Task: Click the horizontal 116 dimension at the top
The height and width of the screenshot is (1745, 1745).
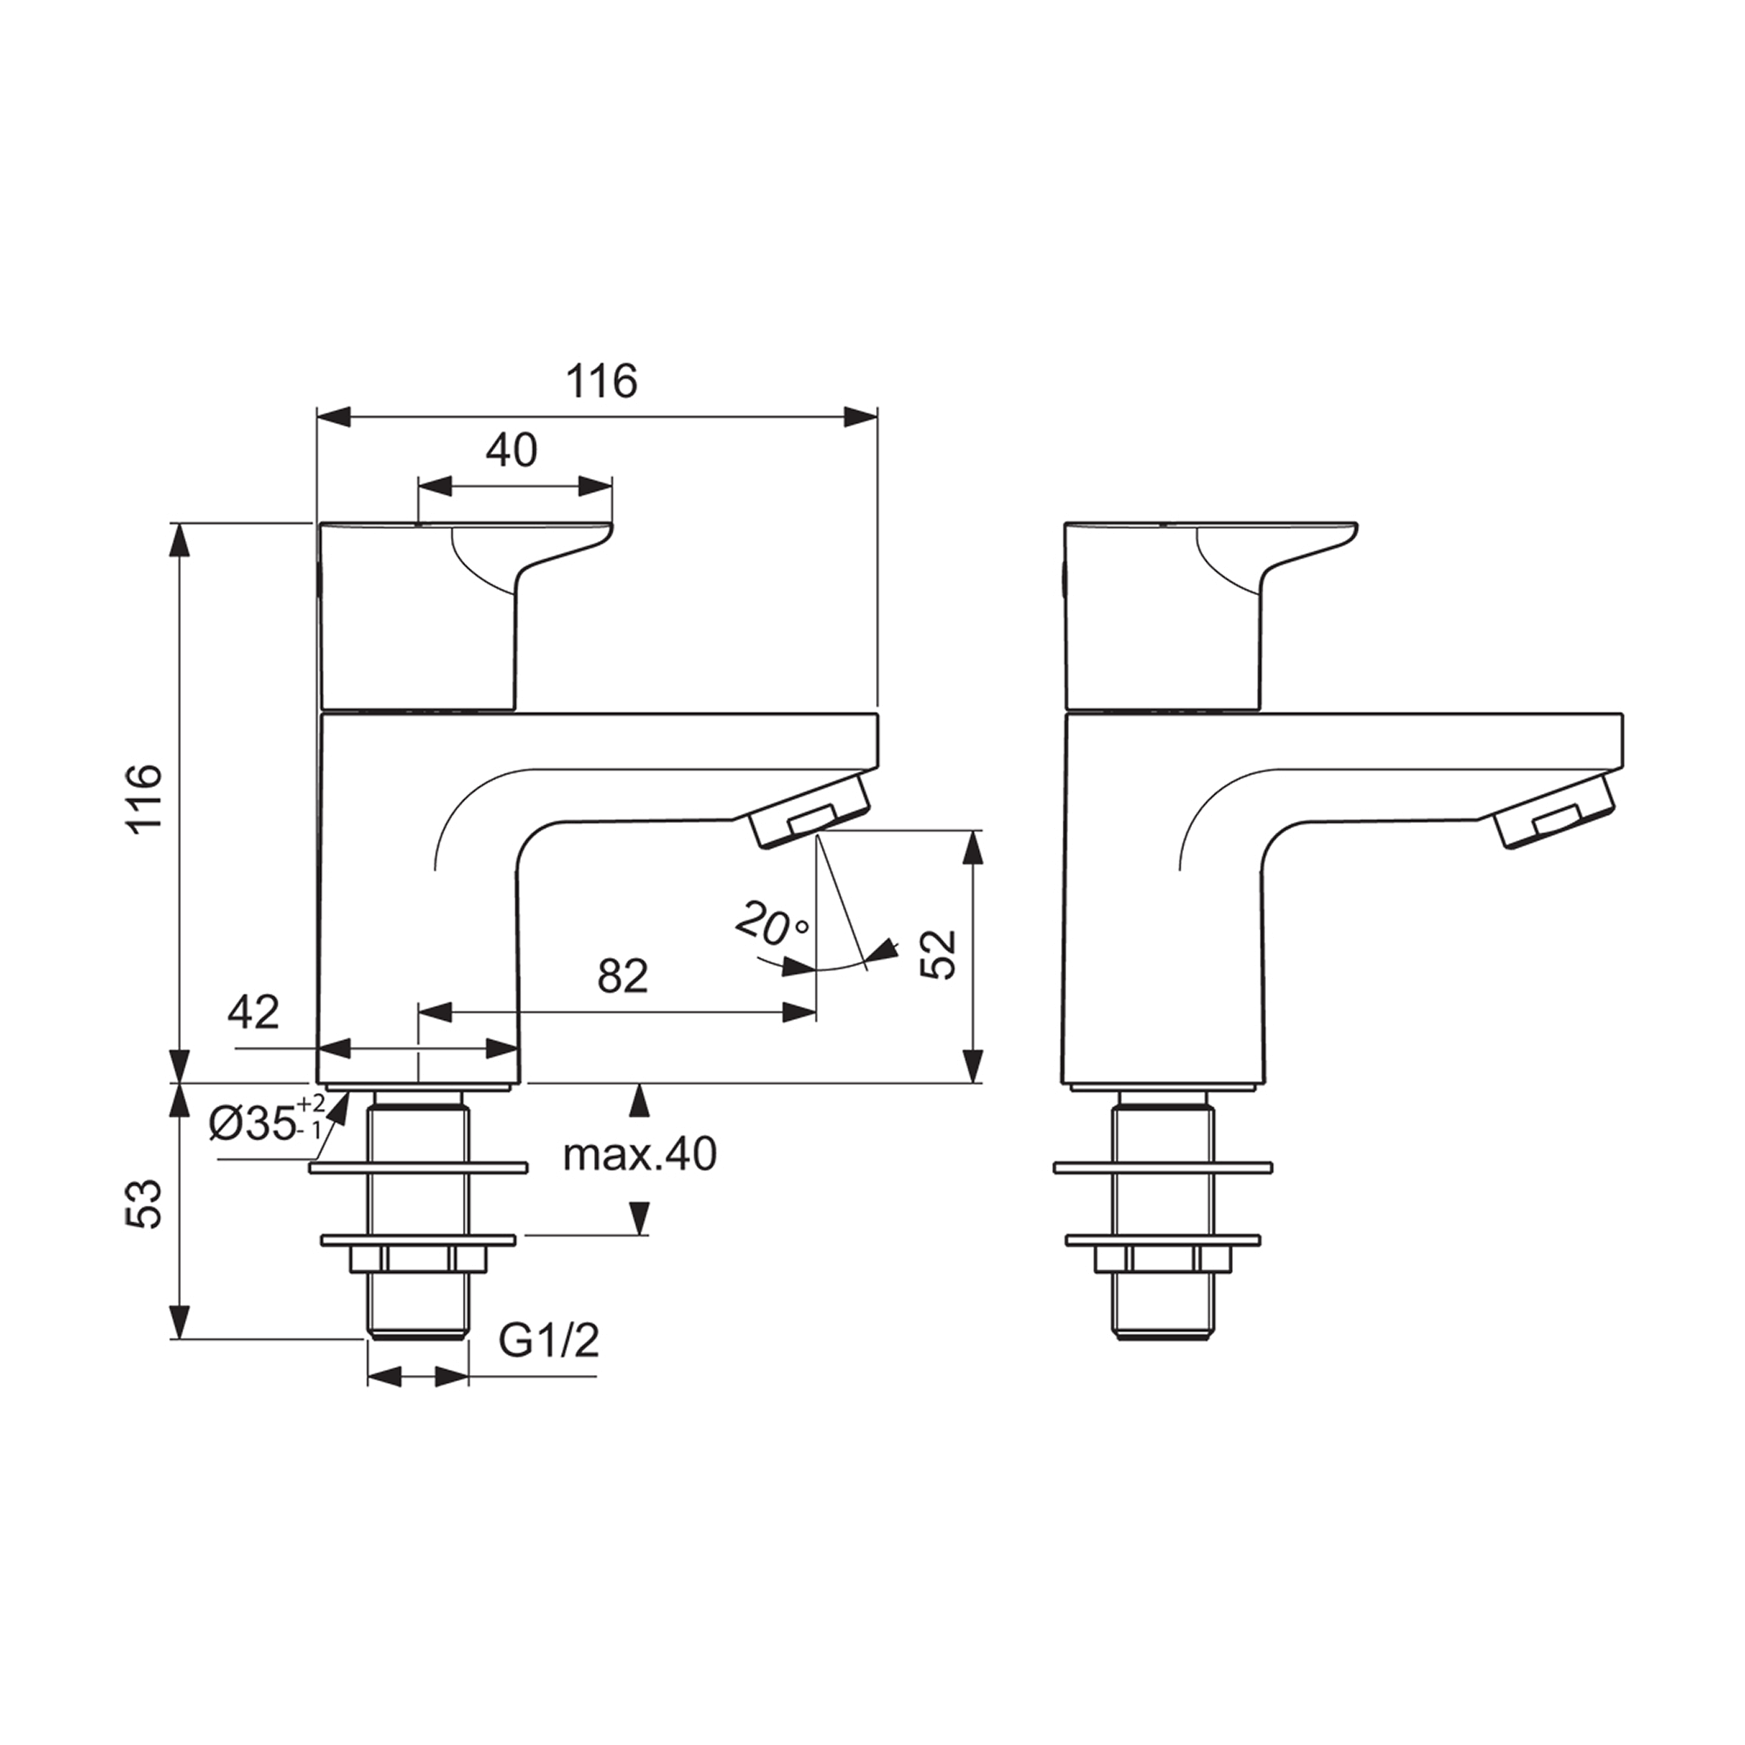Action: (601, 381)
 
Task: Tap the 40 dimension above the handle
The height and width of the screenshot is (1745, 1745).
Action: (511, 450)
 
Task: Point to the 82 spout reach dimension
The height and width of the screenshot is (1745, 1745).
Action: (623, 975)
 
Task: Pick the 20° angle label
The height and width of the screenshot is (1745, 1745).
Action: (772, 923)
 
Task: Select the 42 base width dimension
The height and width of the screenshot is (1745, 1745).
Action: (254, 1012)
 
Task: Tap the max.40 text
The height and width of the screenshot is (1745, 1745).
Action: (640, 1154)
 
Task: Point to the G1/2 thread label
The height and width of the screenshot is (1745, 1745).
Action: (549, 1342)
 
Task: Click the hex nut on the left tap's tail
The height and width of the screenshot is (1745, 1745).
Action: (418, 1259)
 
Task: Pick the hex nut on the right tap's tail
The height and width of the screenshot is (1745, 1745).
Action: (1161, 1259)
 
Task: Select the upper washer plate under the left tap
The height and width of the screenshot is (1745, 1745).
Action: (418, 1168)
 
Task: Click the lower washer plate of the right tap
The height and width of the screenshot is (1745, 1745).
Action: (1161, 1240)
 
